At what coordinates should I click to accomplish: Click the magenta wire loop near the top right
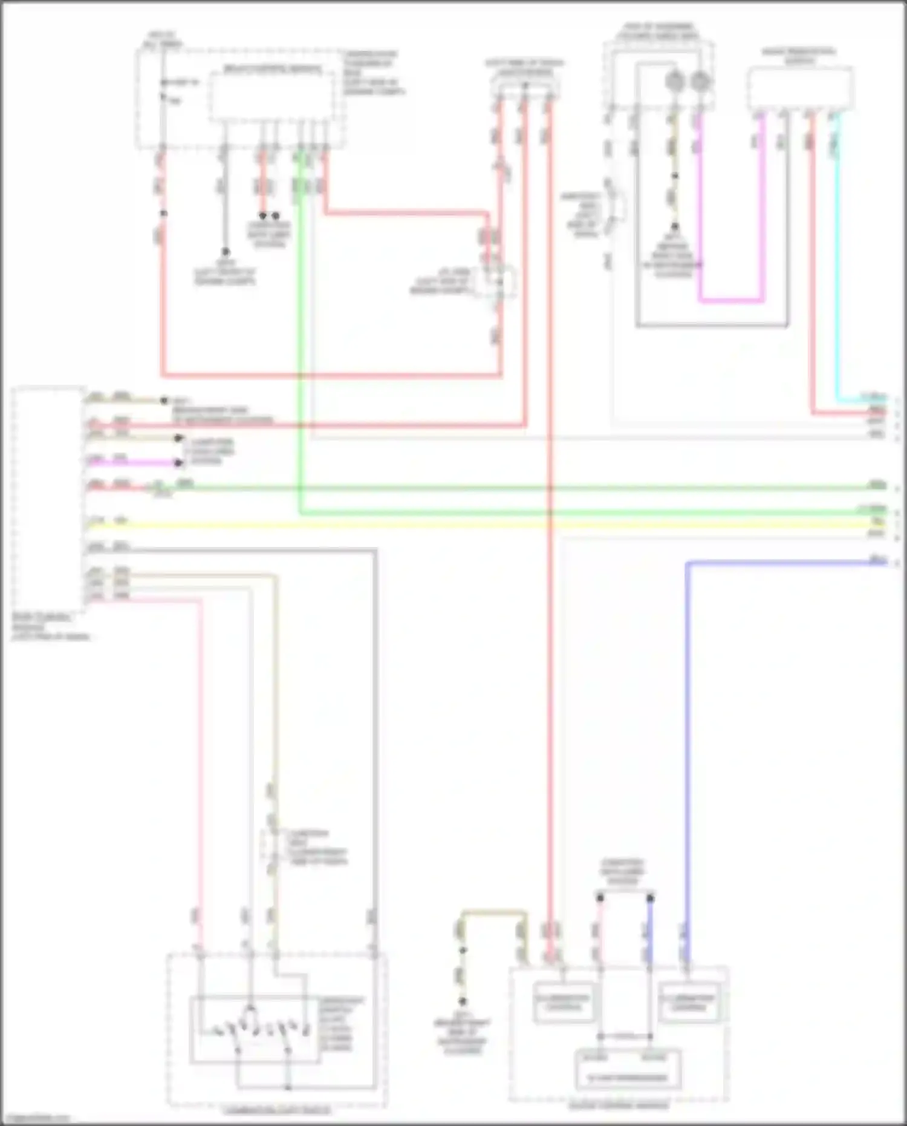click(x=731, y=300)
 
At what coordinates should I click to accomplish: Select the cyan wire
click(x=837, y=254)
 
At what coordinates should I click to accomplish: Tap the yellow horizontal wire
click(x=484, y=524)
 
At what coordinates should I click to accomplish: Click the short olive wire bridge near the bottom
click(x=493, y=912)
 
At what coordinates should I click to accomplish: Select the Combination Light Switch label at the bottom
click(x=276, y=1111)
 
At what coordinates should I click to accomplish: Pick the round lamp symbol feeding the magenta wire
click(x=700, y=80)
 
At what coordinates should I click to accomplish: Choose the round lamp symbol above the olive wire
click(x=674, y=80)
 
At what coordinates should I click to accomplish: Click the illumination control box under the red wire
click(x=564, y=1003)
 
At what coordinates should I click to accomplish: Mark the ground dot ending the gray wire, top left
click(x=225, y=251)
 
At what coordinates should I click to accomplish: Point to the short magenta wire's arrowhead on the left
click(x=178, y=463)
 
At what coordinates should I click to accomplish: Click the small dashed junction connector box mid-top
click(x=499, y=282)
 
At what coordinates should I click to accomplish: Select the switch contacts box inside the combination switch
click(x=254, y=1029)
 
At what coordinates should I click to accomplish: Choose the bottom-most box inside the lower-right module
click(x=626, y=1070)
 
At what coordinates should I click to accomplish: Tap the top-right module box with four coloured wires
click(x=799, y=88)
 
